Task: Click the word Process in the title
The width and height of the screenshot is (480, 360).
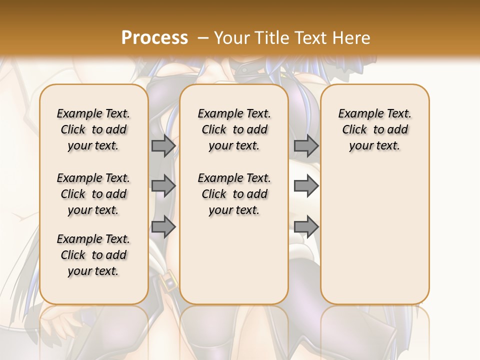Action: [x=154, y=37]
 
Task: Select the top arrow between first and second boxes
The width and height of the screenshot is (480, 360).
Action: [x=163, y=145]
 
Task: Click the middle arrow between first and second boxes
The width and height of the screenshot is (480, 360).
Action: [x=163, y=186]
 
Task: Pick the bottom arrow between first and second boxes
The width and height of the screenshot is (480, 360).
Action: [x=163, y=226]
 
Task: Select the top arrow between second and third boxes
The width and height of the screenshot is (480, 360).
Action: [x=306, y=145]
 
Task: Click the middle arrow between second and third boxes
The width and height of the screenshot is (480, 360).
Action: [x=306, y=186]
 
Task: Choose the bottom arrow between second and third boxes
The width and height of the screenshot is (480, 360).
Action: [x=306, y=226]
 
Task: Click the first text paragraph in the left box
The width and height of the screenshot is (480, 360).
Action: [x=93, y=129]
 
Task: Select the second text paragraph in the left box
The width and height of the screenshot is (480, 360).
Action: [x=93, y=194]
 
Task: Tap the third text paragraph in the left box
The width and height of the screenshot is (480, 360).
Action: [x=93, y=255]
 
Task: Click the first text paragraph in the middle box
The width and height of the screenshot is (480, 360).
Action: [x=234, y=129]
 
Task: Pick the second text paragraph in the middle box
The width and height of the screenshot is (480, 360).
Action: [x=234, y=194]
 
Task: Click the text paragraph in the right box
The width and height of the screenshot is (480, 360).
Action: [x=374, y=129]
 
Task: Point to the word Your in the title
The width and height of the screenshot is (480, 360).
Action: [x=232, y=37]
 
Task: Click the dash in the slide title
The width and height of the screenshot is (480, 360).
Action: [x=203, y=37]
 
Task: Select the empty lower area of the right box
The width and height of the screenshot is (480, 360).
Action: [x=374, y=240]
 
